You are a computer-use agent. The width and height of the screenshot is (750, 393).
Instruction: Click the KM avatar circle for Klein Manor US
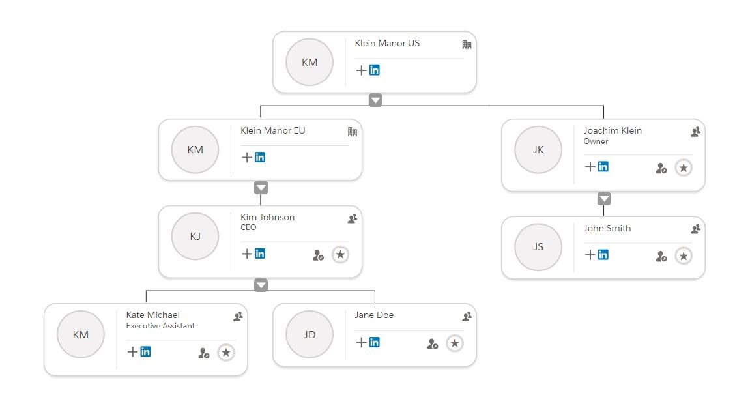(x=310, y=62)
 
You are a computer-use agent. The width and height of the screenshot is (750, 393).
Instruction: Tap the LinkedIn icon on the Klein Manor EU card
(x=260, y=157)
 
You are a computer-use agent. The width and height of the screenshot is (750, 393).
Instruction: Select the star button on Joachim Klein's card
(x=684, y=168)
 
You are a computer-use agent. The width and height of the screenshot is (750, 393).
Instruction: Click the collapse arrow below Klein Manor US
(x=375, y=100)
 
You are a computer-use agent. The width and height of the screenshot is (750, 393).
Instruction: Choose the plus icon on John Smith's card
(x=590, y=255)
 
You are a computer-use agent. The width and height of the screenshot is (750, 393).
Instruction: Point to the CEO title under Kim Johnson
(x=248, y=227)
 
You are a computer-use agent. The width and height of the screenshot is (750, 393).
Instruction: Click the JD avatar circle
(x=310, y=334)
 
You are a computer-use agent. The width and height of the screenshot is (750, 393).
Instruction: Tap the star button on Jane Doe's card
(x=455, y=343)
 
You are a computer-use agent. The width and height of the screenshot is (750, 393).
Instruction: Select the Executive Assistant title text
(x=160, y=325)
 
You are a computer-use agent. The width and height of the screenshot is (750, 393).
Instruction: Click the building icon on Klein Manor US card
(x=467, y=44)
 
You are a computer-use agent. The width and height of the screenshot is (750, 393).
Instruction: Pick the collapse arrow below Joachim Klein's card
(x=604, y=199)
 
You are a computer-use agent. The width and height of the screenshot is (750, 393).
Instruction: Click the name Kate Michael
(x=153, y=315)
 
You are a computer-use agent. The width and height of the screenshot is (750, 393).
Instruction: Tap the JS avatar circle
(x=538, y=247)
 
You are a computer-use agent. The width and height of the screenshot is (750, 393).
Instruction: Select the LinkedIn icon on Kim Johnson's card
(x=260, y=254)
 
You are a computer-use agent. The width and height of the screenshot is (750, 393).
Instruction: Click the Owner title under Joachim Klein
(x=596, y=141)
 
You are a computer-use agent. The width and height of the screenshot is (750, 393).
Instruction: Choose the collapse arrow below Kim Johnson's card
(x=261, y=285)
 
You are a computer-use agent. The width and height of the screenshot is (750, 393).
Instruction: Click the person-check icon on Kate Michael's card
(x=204, y=353)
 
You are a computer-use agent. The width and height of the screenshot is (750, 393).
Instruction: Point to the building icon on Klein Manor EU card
(x=353, y=132)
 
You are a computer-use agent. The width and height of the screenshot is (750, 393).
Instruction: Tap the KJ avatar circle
(x=195, y=236)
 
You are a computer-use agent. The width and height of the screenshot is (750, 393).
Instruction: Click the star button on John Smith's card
(x=684, y=256)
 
